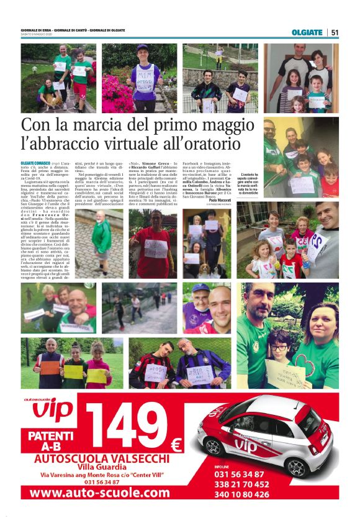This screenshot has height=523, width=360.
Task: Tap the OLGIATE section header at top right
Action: coord(307,32)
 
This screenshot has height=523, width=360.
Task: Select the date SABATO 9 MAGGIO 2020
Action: coord(40,35)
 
